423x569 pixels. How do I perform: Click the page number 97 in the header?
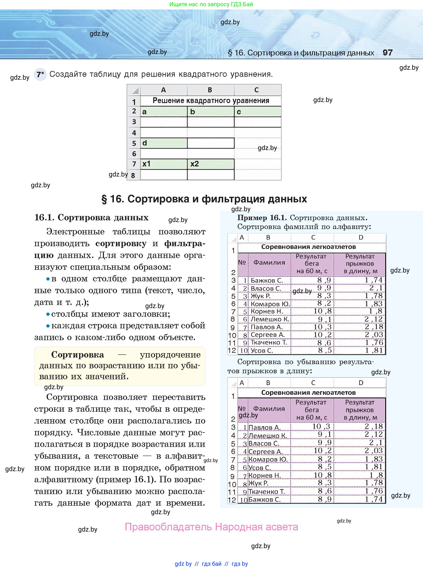387,53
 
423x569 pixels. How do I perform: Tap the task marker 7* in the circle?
40,74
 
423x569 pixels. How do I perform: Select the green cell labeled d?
163,143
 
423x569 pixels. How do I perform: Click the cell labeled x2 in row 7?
211,164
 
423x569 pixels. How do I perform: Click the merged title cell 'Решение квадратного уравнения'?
211,101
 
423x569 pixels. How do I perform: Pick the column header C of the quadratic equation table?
257,90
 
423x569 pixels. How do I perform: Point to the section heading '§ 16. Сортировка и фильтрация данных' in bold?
204,199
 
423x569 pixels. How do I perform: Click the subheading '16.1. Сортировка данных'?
91,217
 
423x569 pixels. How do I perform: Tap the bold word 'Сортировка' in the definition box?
78,355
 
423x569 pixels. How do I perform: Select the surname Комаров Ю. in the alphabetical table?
270,304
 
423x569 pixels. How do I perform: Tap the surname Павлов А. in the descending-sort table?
264,427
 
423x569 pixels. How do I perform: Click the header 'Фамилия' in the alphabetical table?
269,262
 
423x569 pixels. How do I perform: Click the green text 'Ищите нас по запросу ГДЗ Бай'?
211,4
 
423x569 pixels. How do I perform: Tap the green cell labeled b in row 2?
211,112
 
